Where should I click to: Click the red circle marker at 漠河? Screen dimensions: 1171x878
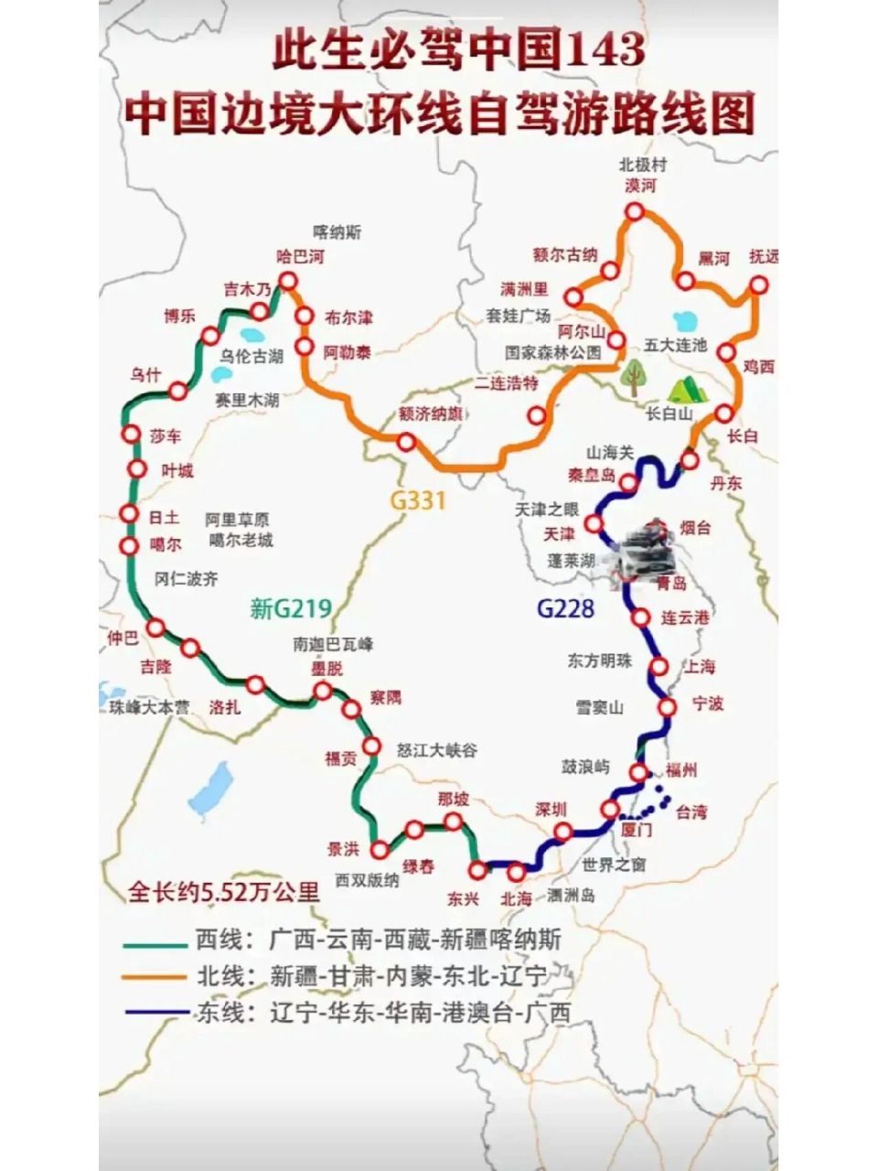pyautogui.click(x=634, y=212)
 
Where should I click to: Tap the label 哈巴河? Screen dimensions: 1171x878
pyautogui.click(x=301, y=257)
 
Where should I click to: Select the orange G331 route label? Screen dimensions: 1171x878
pyautogui.click(x=418, y=500)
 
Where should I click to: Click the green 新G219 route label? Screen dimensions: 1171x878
pyautogui.click(x=290, y=608)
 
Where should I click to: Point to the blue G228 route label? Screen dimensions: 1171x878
pyautogui.click(x=565, y=608)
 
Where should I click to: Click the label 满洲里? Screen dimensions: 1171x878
pyautogui.click(x=523, y=290)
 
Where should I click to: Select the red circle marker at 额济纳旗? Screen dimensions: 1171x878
pyautogui.click(x=406, y=443)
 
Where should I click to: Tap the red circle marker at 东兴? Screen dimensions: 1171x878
pyautogui.click(x=476, y=869)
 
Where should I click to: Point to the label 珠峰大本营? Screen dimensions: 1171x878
pyautogui.click(x=149, y=707)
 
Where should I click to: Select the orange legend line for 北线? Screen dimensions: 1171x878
pyautogui.click(x=156, y=978)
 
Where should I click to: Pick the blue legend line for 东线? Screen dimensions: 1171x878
pyautogui.click(x=156, y=1013)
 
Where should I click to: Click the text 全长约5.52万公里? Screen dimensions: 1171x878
pyautogui.click(x=223, y=892)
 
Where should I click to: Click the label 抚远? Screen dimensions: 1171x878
pyautogui.click(x=764, y=258)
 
